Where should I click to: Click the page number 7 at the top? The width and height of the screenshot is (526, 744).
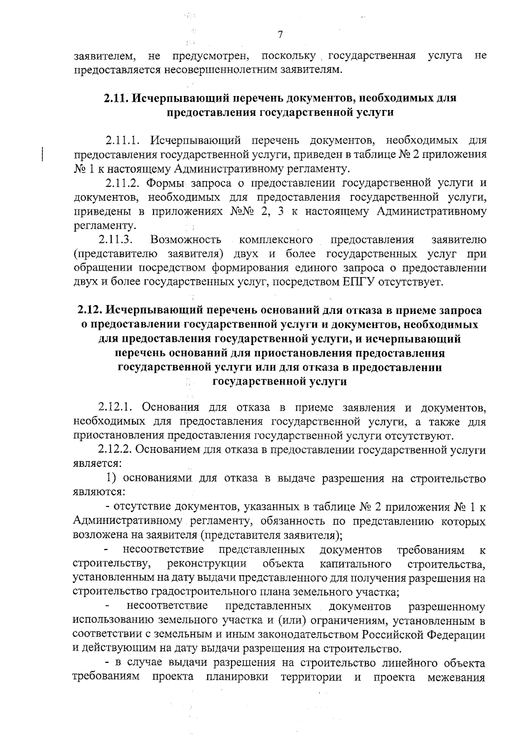[281, 35]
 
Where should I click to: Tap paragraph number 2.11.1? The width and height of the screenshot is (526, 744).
[122, 141]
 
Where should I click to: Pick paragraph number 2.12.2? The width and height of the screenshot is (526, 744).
[115, 450]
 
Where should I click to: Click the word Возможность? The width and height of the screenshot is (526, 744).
[185, 240]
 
